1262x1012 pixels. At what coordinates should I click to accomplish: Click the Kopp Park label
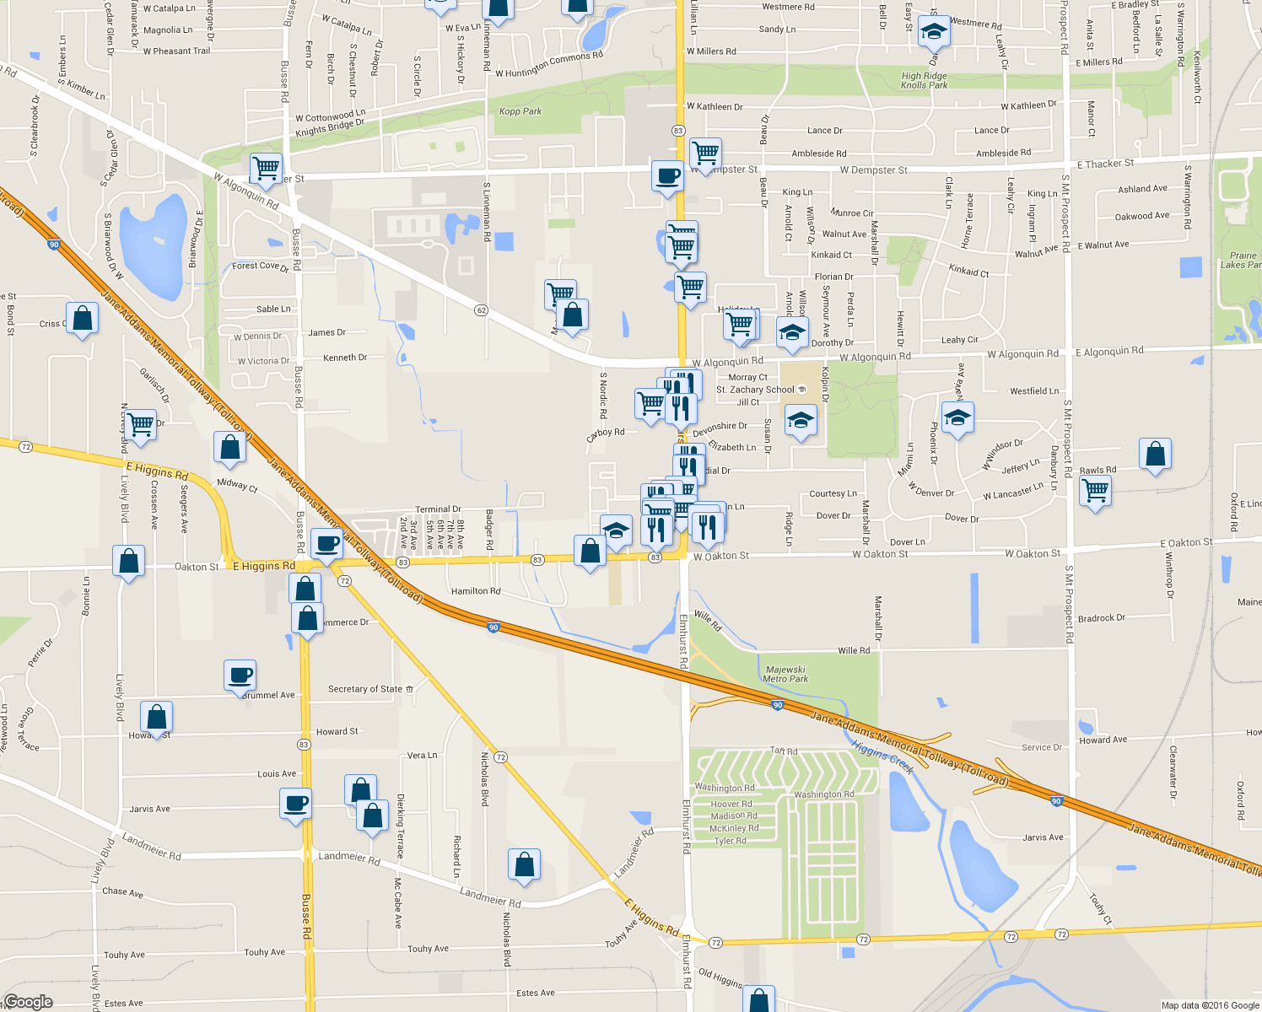(x=520, y=111)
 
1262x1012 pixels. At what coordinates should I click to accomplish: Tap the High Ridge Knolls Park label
(x=924, y=80)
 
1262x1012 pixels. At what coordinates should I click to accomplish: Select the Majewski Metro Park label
(x=785, y=674)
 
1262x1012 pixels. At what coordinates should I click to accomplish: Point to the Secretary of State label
(x=365, y=689)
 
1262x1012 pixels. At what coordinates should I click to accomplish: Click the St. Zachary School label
(x=755, y=390)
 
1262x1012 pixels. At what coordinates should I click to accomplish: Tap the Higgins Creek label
(x=882, y=756)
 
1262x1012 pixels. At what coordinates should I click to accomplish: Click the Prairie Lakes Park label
(x=1242, y=260)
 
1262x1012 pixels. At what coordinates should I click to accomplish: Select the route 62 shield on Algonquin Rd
(x=481, y=310)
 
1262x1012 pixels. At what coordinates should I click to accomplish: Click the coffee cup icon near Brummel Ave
(x=240, y=675)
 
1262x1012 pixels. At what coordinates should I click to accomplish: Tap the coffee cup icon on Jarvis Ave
(x=296, y=802)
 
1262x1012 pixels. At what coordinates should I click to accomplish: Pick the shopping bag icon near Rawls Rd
(x=1155, y=454)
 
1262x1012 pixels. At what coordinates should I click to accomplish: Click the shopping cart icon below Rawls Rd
(x=1095, y=489)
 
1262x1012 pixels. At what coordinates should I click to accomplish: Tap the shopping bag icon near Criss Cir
(x=82, y=319)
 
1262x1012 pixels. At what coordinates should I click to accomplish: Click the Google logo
(x=28, y=1002)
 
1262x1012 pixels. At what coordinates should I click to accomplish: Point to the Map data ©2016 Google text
(x=1210, y=1005)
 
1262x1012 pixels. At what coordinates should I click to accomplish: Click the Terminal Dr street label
(x=438, y=509)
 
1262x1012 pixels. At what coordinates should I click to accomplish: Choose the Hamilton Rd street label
(x=476, y=591)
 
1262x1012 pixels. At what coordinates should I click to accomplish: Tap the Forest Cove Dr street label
(x=260, y=266)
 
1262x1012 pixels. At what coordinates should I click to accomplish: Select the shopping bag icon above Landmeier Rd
(x=524, y=864)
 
